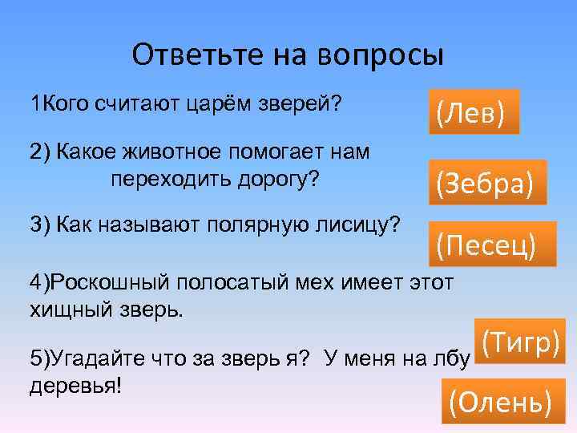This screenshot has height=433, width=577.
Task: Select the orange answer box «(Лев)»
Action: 470,111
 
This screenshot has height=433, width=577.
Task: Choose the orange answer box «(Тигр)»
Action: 520,341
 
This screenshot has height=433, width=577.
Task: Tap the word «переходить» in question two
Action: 167,177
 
